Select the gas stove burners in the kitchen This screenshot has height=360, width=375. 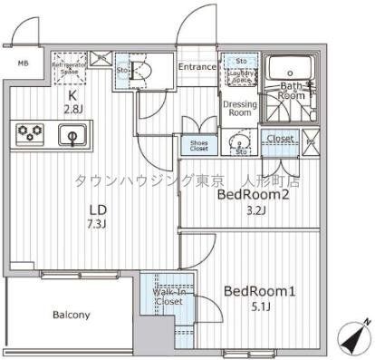(30, 134)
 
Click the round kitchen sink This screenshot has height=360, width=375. (72, 136)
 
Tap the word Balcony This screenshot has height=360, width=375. (70, 315)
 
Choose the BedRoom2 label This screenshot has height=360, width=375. (253, 194)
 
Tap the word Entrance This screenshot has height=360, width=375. (197, 67)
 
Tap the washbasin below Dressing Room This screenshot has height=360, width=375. (238, 141)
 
